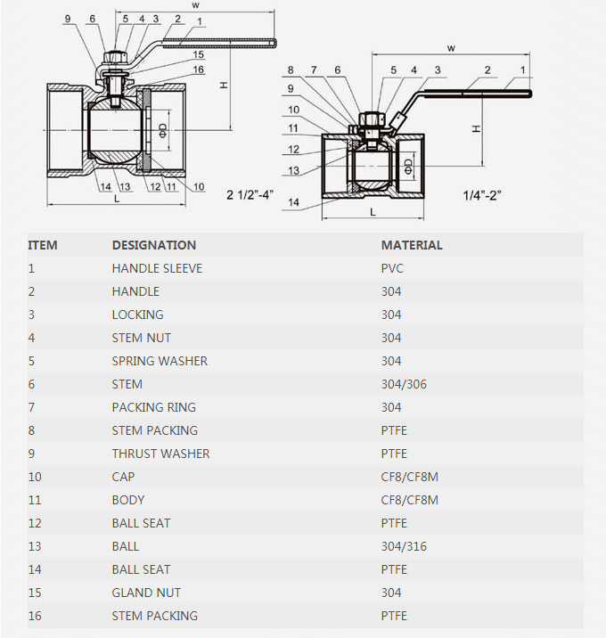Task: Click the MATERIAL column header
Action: pyautogui.click(x=412, y=245)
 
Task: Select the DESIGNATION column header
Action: pyautogui.click(x=153, y=245)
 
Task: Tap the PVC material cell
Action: pyautogui.click(x=394, y=268)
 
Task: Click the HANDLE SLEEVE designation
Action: pyautogui.click(x=157, y=268)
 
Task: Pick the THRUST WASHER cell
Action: pyautogui.click(x=160, y=454)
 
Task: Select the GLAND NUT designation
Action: pyautogui.click(x=146, y=593)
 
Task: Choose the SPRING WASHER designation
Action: pyautogui.click(x=160, y=361)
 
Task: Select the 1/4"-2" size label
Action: pyautogui.click(x=482, y=195)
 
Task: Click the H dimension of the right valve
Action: pyautogui.click(x=477, y=129)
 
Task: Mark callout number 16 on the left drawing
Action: pyautogui.click(x=198, y=70)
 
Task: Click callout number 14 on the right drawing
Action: pyautogui.click(x=293, y=203)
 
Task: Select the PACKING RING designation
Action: pyautogui.click(x=153, y=407)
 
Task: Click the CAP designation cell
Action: pyautogui.click(x=123, y=477)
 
